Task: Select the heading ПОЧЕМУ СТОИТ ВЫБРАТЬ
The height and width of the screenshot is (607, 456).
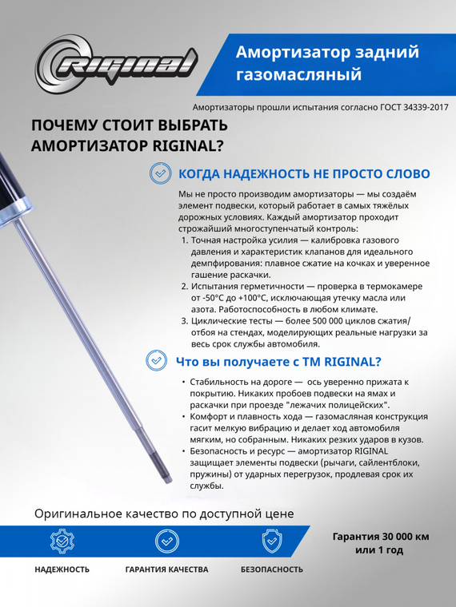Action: click(x=129, y=126)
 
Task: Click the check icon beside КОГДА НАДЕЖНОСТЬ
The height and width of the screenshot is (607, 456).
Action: click(x=161, y=173)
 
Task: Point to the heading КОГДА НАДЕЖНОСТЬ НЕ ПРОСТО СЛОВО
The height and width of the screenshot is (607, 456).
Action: click(x=304, y=174)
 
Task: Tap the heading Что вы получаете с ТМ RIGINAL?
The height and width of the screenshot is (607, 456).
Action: click(x=278, y=361)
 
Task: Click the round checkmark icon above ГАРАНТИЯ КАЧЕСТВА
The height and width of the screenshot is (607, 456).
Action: click(x=166, y=542)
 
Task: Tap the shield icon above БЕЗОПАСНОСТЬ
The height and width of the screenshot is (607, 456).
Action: click(x=272, y=542)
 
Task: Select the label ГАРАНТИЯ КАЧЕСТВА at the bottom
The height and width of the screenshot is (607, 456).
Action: click(x=166, y=569)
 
